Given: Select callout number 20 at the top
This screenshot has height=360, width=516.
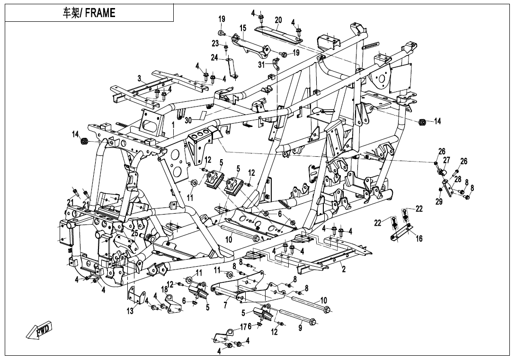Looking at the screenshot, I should point(278,20).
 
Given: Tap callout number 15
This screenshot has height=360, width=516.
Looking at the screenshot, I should point(242,28).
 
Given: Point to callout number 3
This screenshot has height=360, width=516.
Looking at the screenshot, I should point(140,78).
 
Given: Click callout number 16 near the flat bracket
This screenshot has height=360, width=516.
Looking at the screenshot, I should point(419,238).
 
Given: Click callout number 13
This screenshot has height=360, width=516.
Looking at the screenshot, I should point(130,311).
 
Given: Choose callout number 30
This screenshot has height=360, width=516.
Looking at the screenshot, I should point(188,120).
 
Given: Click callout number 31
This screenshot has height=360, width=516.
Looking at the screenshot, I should point(262,65).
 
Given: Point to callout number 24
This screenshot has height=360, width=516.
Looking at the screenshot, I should point(214,58).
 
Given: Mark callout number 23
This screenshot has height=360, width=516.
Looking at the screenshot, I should point(215,43).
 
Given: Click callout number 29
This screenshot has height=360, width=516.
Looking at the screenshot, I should point(439,202).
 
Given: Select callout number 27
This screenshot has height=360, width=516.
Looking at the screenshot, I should point(446,160).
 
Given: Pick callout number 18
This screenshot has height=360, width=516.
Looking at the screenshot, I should point(164,289).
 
